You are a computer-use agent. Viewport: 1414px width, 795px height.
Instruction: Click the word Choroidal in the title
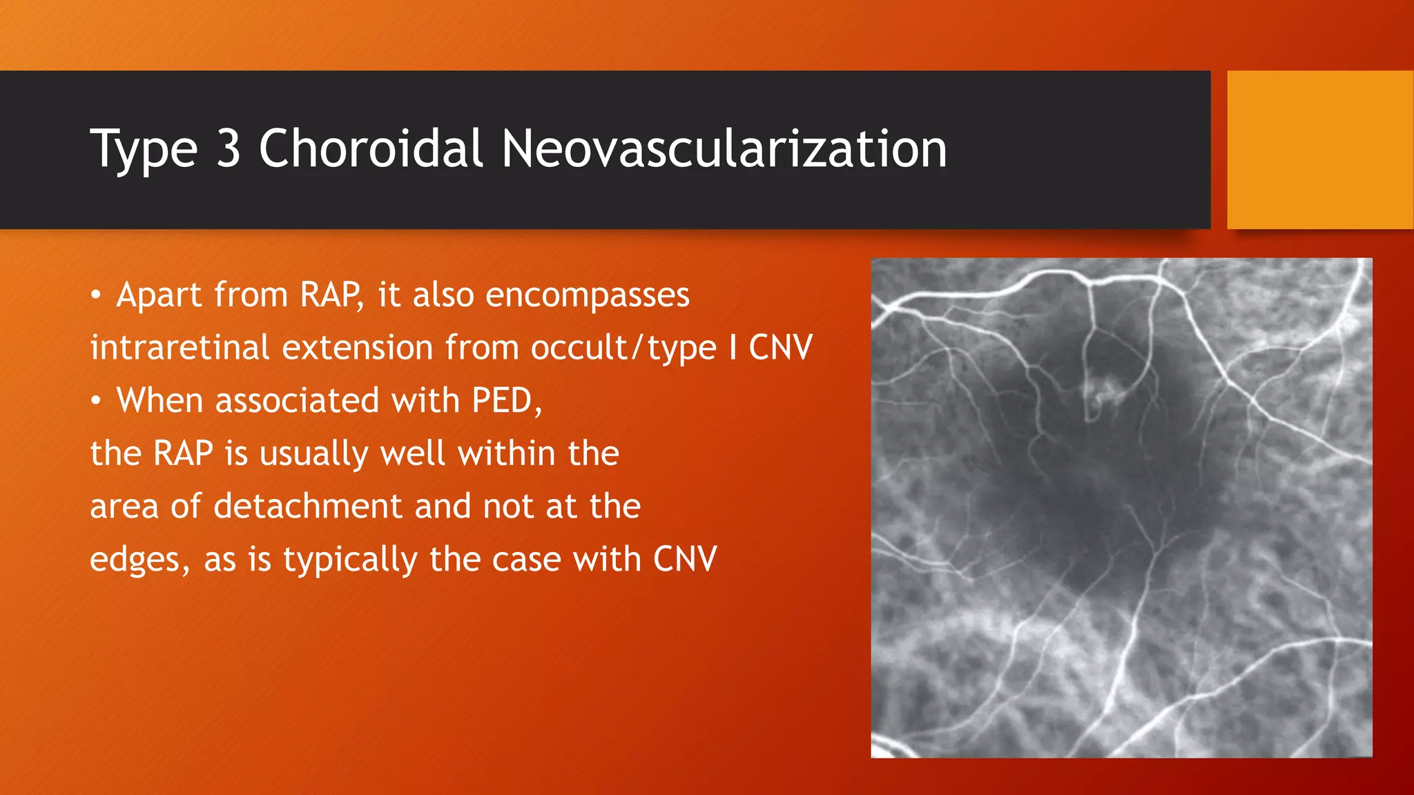coord(369,148)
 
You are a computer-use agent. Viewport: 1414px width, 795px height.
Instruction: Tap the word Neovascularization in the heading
coord(724,148)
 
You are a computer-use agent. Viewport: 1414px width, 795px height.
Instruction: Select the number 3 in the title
coord(229,148)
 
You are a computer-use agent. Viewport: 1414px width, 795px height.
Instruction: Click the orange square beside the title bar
coord(1319,150)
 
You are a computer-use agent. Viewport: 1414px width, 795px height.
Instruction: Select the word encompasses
coord(587,295)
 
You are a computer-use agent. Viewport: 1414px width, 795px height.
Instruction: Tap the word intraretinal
coord(179,347)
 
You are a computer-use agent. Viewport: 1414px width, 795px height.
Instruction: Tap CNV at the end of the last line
coord(685,559)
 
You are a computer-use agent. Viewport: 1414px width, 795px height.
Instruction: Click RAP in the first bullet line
coord(331,295)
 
